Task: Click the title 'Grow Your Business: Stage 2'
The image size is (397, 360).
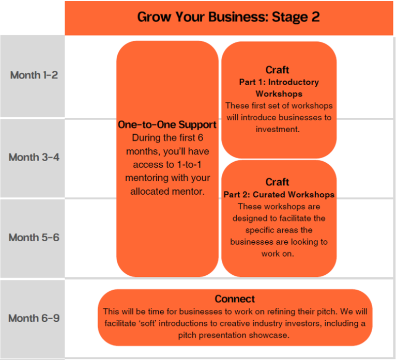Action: tap(228, 17)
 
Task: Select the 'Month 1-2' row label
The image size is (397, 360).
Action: tap(34, 75)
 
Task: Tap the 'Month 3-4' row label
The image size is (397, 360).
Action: tap(34, 157)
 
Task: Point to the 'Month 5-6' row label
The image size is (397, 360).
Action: tap(34, 238)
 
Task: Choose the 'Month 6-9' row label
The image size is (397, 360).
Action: tap(34, 318)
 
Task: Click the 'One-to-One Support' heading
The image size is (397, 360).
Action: tap(167, 125)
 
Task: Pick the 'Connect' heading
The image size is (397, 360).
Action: tap(235, 299)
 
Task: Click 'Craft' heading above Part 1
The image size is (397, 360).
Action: tap(278, 70)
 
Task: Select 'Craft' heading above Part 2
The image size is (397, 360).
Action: tap(278, 182)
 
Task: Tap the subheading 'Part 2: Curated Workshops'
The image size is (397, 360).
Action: tap(279, 195)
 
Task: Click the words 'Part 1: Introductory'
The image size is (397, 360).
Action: tap(279, 82)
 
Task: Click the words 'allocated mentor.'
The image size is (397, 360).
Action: tap(167, 191)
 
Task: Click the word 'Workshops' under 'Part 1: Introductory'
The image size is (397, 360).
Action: tap(279, 94)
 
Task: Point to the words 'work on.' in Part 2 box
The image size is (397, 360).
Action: tap(279, 254)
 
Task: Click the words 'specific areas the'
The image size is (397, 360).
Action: tap(279, 230)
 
